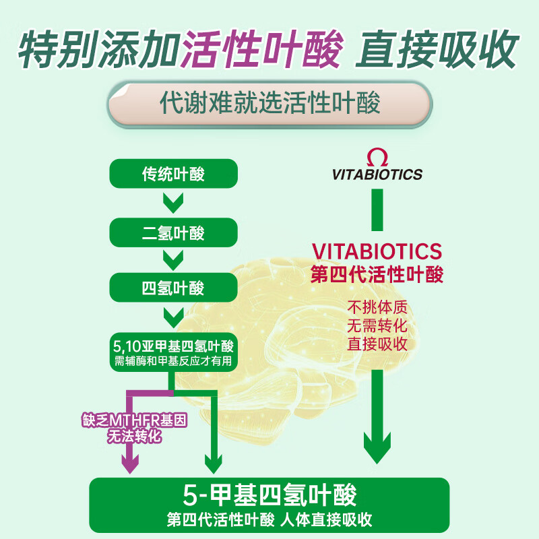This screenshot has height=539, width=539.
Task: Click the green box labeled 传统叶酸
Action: [x=173, y=175]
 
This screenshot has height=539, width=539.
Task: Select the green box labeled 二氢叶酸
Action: [x=173, y=234]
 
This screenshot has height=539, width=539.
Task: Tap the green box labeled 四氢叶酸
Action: [x=173, y=288]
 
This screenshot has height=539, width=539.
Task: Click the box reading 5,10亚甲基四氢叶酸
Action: [x=173, y=353]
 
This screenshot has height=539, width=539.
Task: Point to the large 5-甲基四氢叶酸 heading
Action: [x=269, y=495]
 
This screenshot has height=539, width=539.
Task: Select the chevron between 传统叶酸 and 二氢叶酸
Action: [x=173, y=202]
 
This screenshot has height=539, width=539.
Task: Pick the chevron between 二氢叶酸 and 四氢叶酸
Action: [x=173, y=259]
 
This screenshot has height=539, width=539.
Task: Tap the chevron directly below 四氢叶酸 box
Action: [x=173, y=315]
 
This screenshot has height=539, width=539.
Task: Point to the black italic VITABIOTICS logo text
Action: [x=377, y=175]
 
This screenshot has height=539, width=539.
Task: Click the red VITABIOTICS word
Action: [x=377, y=251]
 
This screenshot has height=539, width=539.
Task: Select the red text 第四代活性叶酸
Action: [x=377, y=274]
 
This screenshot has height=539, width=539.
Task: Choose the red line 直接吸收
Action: [x=377, y=343]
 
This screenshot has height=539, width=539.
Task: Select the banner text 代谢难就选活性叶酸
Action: [x=269, y=104]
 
